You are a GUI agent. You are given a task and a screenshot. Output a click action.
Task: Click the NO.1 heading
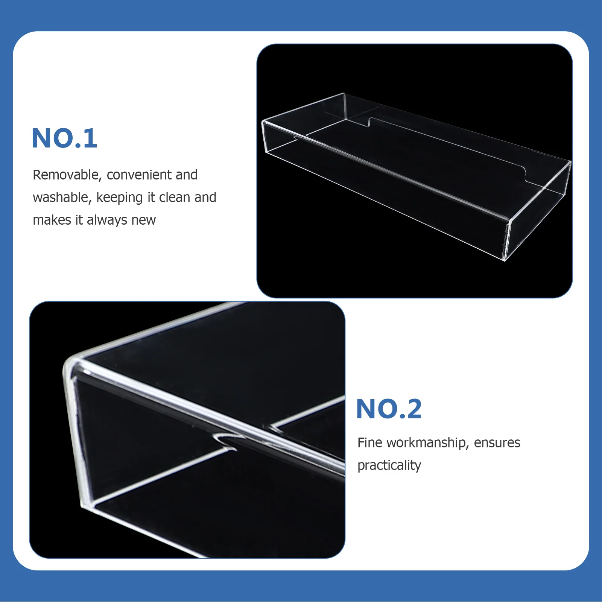point(64,138)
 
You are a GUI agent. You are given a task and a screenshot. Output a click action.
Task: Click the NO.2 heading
point(389,409)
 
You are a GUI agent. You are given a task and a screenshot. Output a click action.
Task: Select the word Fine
point(370,443)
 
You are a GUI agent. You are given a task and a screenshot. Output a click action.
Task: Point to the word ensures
point(497,443)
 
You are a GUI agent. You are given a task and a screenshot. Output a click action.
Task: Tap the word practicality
point(389,466)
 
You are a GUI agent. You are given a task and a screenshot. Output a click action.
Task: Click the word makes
point(52,220)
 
